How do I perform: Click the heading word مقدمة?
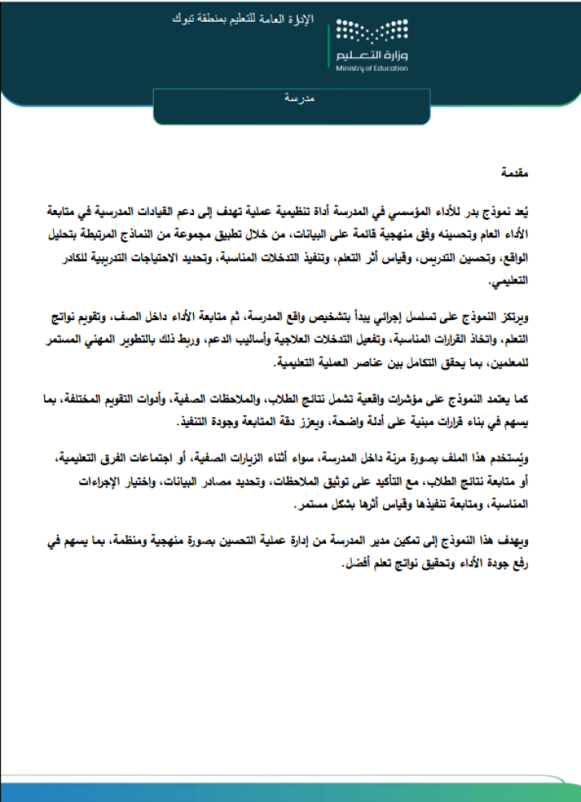pos(513,173)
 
